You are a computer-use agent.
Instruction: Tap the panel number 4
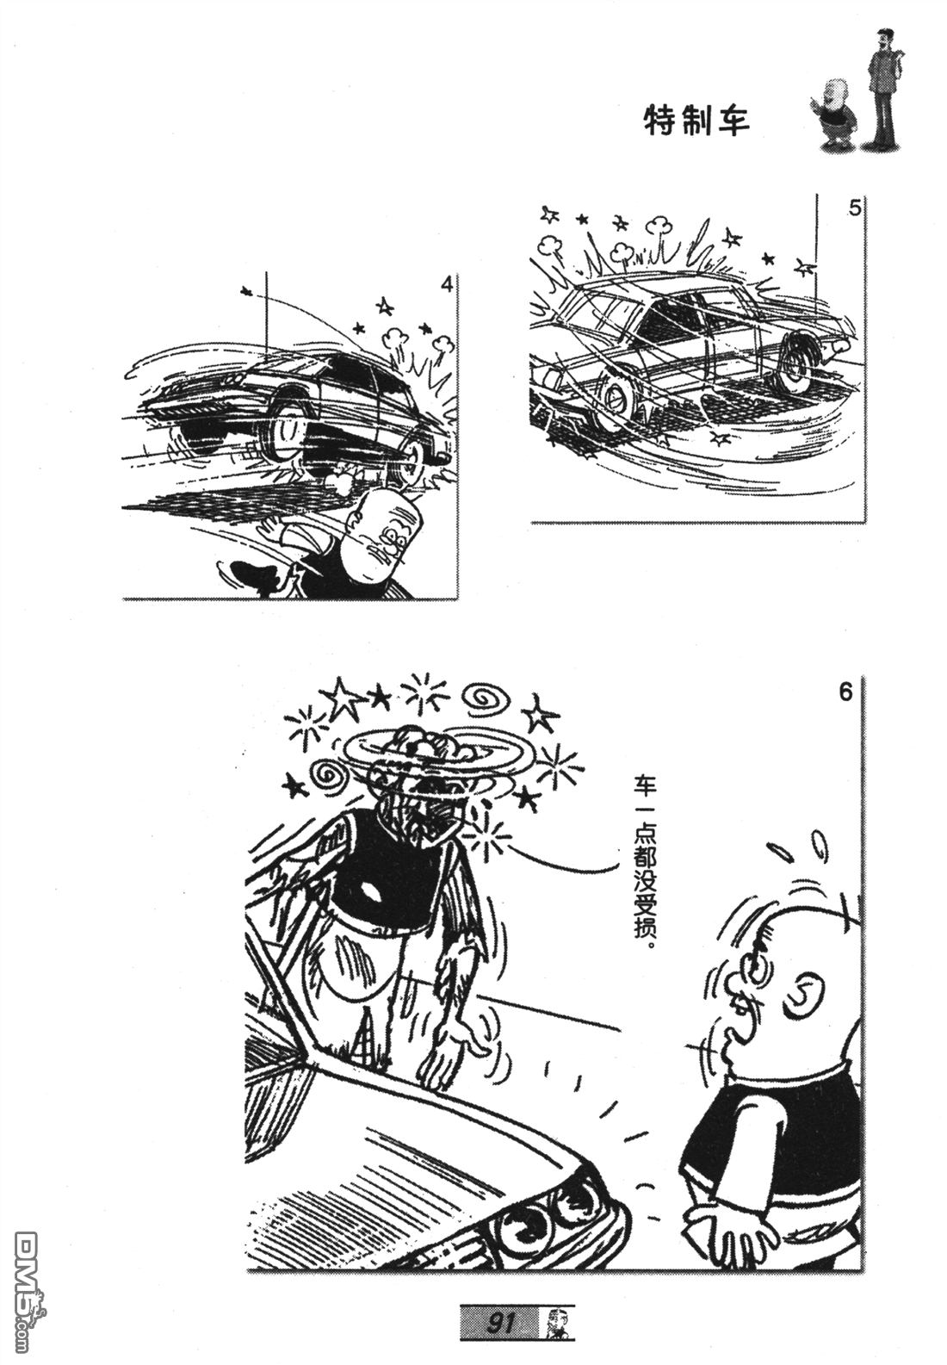tap(447, 284)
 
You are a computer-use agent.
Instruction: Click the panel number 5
tap(854, 208)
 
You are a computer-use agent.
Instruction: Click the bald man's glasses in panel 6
tap(756, 970)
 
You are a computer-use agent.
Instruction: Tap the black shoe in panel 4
tap(249, 572)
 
